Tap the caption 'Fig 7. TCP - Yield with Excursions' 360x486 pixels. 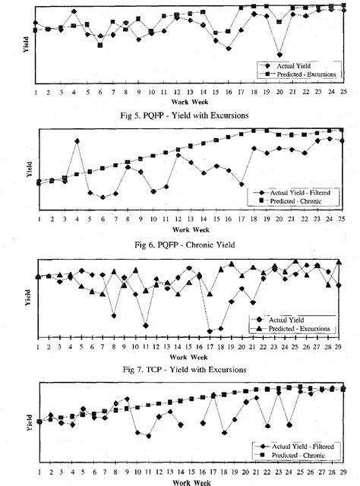pos(181,370)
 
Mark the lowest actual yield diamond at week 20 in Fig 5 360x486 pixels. pos(279,55)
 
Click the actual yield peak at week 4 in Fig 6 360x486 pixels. pos(77,141)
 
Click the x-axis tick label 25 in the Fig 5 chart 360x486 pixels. pos(343,92)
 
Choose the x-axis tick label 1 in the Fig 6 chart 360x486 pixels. pos(36,219)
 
